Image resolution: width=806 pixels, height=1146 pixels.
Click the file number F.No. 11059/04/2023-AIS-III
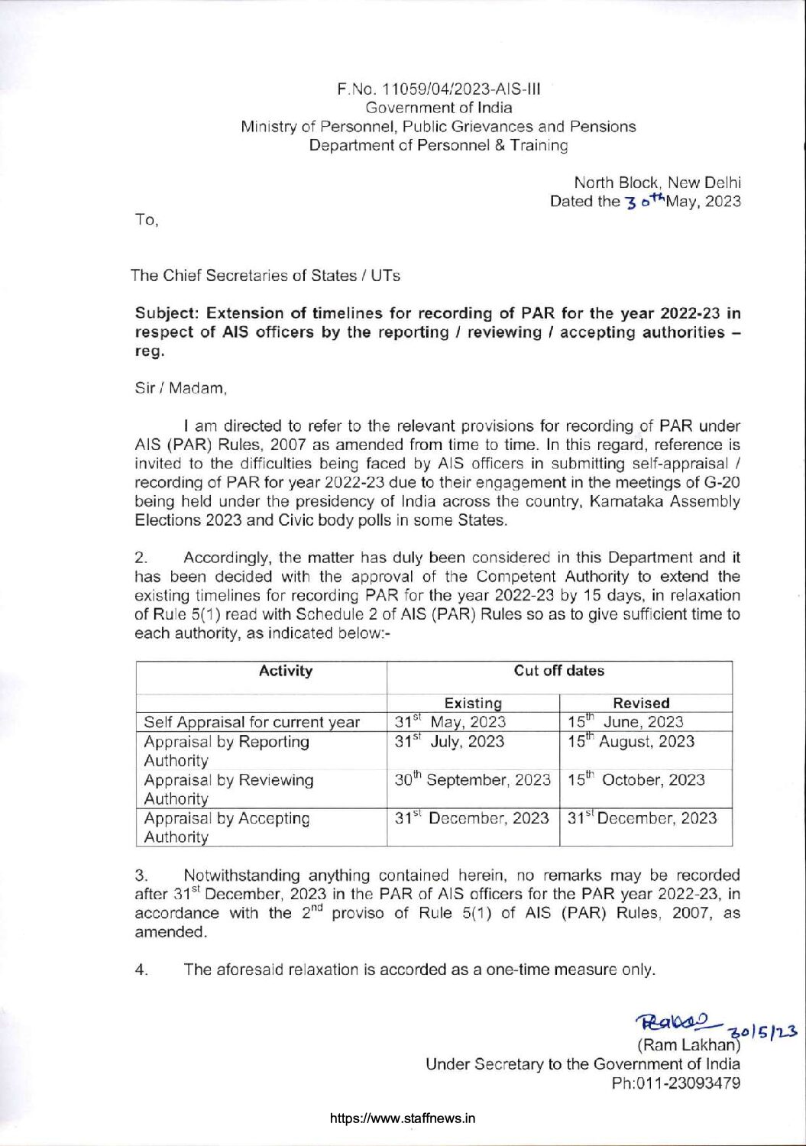click(x=439, y=89)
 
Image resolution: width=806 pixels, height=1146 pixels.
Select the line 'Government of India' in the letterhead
click(x=439, y=108)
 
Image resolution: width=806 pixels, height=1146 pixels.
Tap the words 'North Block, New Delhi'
click(x=657, y=183)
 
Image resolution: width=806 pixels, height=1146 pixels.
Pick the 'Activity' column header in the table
click(x=285, y=671)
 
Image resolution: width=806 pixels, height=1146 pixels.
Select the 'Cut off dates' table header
click(x=558, y=671)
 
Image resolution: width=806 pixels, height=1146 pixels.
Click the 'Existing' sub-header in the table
click(x=473, y=703)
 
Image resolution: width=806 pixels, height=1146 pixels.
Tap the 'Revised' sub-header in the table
click(x=641, y=703)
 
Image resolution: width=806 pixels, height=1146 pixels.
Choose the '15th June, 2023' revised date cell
click(x=625, y=721)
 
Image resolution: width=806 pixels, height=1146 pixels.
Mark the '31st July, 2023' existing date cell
click(x=449, y=741)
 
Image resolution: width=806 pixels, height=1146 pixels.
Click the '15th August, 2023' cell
click(x=630, y=741)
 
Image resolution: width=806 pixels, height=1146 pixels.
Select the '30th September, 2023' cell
click(x=472, y=780)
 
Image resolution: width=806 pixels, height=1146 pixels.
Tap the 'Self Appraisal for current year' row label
click(x=251, y=722)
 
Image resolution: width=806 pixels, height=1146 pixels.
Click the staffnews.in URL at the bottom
click(x=403, y=1118)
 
